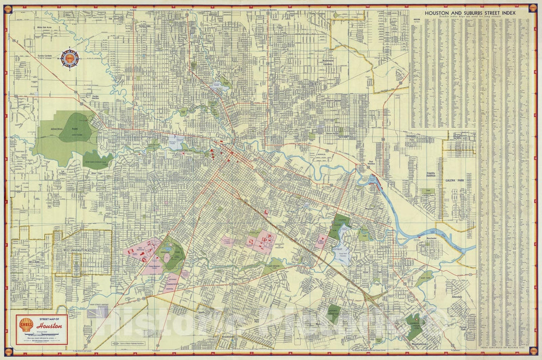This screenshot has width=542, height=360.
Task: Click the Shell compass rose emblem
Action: click(x=70, y=59)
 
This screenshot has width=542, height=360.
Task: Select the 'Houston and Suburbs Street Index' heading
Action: click(x=470, y=13)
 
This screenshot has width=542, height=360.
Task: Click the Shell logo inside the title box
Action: click(x=26, y=325)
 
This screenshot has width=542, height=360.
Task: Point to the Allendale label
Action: click(x=456, y=297)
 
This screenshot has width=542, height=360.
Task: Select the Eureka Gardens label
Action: click(x=45, y=56)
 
